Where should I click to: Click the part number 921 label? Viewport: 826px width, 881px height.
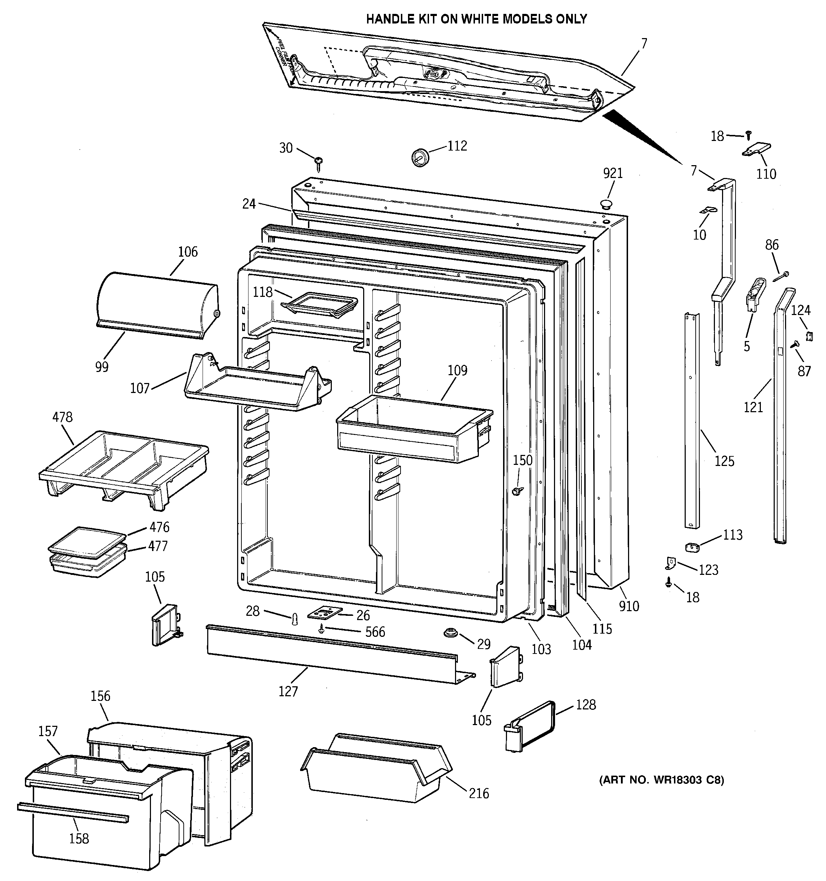tap(613, 173)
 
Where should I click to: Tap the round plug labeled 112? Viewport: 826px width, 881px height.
tap(420, 157)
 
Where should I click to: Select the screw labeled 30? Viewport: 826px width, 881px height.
tap(318, 163)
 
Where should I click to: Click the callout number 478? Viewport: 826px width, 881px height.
tap(63, 417)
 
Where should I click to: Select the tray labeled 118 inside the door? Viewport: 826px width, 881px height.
tap(319, 305)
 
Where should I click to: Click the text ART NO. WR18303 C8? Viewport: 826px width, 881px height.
tap(662, 792)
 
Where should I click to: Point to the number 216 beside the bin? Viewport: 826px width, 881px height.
tap(479, 793)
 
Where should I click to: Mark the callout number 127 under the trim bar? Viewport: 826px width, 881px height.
tap(288, 691)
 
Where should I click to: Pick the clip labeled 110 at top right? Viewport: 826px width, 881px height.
tap(756, 150)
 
